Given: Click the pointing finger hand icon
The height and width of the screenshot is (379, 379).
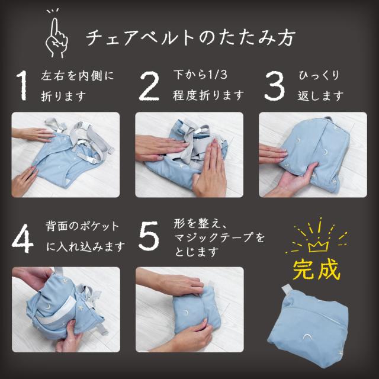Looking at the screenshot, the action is point(56,34).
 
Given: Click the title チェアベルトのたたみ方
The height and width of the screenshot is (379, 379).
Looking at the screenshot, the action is point(191,37).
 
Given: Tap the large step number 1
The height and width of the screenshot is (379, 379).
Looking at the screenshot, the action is point(22,85).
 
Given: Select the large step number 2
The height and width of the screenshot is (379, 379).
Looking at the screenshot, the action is point(149,86).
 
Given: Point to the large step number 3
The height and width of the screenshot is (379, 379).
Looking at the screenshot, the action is point(275,86).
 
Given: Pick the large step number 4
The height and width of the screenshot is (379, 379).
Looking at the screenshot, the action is point(23,239).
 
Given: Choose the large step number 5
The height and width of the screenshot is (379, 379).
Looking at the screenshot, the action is point(149,236).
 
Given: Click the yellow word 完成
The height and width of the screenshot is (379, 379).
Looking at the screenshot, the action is point(316,269).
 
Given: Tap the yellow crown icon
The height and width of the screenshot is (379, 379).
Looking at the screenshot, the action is point(318,247).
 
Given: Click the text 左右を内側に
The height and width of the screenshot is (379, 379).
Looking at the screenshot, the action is point(78,76).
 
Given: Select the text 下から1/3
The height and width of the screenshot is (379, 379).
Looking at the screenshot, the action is point(200,75).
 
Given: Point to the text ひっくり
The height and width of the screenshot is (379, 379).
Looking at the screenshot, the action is point(319,75).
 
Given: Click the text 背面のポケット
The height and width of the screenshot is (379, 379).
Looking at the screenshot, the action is point(82,226).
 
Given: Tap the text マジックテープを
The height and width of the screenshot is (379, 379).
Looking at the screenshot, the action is point(219,237).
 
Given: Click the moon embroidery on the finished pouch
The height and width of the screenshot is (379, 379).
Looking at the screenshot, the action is point(307,336).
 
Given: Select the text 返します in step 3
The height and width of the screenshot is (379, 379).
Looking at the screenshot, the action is point(320,96).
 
